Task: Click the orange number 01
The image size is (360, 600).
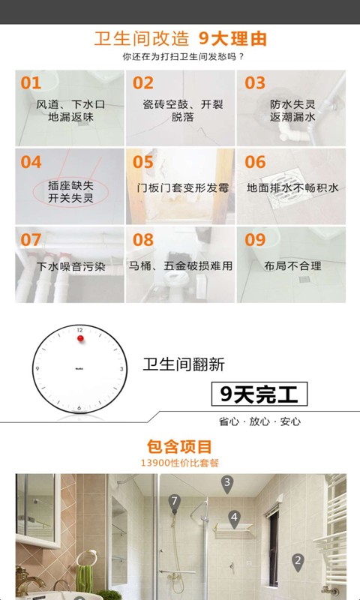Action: tap(31, 83)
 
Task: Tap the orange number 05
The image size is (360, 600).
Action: tap(142, 162)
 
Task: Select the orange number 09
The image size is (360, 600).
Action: tap(255, 240)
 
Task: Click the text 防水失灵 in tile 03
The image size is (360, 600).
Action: tap(292, 104)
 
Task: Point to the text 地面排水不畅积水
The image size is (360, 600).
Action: tap(292, 187)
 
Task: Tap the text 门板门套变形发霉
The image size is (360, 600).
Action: tap(181, 187)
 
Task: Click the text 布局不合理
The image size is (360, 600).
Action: tap(292, 265)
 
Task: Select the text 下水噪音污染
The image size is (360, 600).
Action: tap(70, 265)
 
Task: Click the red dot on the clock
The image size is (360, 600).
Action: tap(79, 338)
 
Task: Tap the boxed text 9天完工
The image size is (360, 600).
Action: tap(259, 393)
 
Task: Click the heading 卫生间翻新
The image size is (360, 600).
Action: tap(184, 365)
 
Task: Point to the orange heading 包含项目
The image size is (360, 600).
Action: tap(180, 447)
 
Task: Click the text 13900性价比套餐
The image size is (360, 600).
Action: tap(180, 463)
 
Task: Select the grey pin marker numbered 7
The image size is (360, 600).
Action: tap(175, 502)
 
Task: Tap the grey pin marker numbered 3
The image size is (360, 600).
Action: tap(226, 484)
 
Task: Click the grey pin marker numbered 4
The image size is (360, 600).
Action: tap(234, 517)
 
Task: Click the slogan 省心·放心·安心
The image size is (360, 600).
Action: tap(259, 421)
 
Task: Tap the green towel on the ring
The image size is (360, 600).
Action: tap(85, 577)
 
